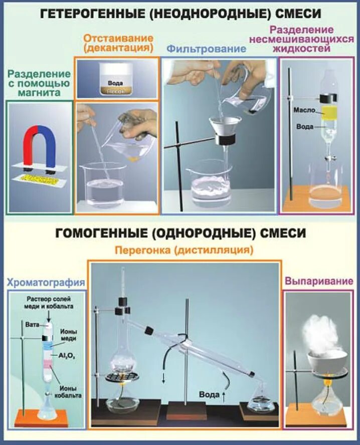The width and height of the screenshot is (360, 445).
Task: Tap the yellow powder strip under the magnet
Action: click(40, 178)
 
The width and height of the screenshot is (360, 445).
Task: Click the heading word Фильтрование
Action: click(207, 49)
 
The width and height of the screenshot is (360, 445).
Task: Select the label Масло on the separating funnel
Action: click(303, 109)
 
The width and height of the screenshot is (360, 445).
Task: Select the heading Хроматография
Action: click(45, 283)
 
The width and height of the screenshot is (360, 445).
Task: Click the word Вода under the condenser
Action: click(208, 394)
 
